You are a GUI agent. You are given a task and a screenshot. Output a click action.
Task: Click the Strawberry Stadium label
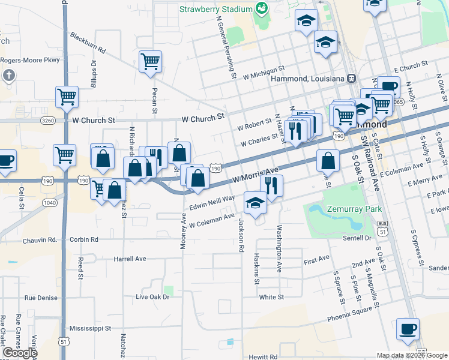pos(215,10)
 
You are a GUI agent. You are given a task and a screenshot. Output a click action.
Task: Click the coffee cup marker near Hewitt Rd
pos(408,329)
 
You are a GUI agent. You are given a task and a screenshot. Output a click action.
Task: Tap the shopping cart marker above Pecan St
pos(150,61)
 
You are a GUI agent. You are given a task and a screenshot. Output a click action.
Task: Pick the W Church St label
pos(93,120)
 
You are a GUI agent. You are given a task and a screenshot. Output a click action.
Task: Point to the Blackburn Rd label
pos(88,42)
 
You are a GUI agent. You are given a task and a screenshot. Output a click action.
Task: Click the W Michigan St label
pos(264,76)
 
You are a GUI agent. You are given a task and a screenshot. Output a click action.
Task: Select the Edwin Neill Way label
pos(211,205)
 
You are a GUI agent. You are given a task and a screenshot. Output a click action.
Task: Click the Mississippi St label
pos(90,328)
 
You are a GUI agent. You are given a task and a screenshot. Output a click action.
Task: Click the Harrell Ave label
pos(130,259)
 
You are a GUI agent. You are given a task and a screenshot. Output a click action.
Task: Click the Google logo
pos(19,353)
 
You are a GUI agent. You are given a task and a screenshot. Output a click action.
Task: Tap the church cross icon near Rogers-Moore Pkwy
pos(8,76)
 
